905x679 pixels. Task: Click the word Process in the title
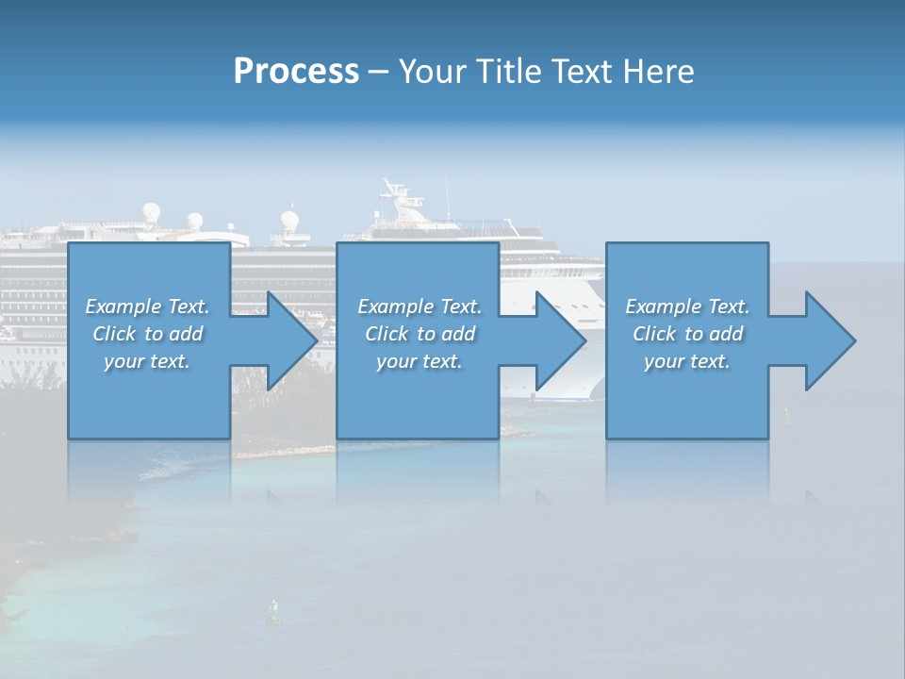[x=296, y=72]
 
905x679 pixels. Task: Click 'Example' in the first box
[x=123, y=306]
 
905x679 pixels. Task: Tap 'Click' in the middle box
[x=387, y=334]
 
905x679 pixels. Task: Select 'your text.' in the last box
[x=686, y=361]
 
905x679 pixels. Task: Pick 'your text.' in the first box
[x=147, y=361]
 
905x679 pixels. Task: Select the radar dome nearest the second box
[x=289, y=222]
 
